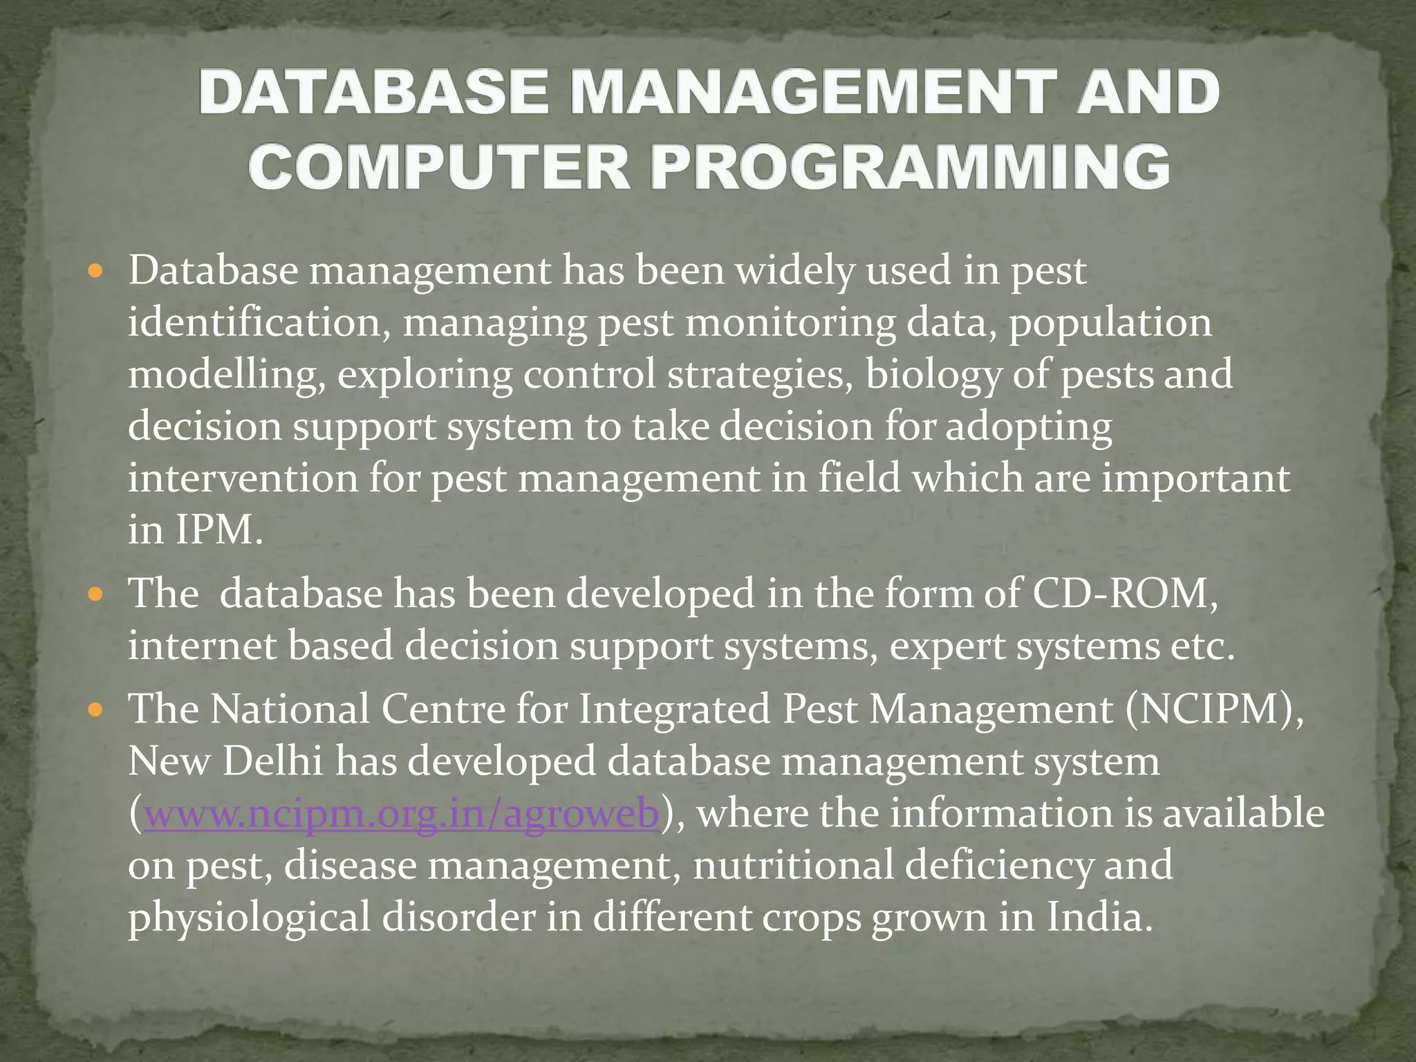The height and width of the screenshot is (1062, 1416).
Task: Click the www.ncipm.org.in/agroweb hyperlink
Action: (x=401, y=814)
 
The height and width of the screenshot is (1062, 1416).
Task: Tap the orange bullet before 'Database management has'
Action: (x=96, y=270)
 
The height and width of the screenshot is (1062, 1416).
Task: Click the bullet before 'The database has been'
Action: (x=96, y=594)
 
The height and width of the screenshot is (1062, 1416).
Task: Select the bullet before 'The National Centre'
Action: (x=96, y=709)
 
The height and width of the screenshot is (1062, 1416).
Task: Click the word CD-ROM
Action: (x=1124, y=593)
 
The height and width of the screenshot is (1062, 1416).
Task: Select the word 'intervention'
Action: (x=242, y=478)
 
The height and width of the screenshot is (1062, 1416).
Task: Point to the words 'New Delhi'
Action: (x=225, y=761)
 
